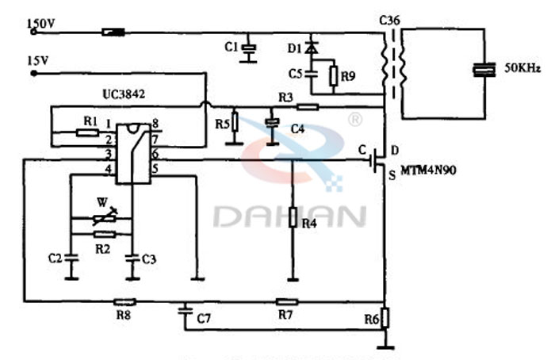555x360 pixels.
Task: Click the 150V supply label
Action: pos(41,24)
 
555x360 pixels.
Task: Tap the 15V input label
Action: pos(38,60)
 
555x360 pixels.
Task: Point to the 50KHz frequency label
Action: pos(519,70)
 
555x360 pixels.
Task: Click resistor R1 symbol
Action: pos(87,132)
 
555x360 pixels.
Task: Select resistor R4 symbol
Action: pos(293,216)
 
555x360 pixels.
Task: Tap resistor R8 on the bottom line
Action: pos(124,301)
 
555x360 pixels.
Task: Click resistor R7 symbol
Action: pos(285,301)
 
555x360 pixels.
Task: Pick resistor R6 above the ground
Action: pos(385,318)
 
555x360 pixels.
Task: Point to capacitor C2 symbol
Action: pos(71,258)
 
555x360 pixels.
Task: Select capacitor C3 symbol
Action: pos(132,258)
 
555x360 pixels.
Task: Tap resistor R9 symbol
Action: pos(334,75)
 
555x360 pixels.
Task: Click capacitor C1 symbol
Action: pos(250,50)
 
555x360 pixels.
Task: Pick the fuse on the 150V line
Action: pos(113,33)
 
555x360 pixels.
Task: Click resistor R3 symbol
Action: pos(307,106)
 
